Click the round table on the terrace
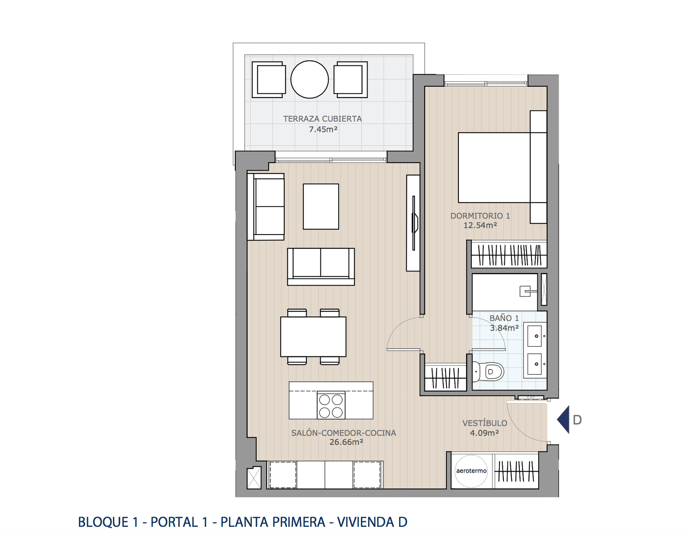pyautogui.click(x=309, y=80)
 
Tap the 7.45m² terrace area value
pyautogui.click(x=323, y=129)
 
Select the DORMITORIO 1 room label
pyautogui.click(x=480, y=216)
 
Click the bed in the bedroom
pyautogui.click(x=502, y=167)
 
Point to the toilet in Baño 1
pyautogui.click(x=488, y=372)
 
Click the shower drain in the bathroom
pyautogui.click(x=525, y=291)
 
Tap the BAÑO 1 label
pyautogui.click(x=504, y=318)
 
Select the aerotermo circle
pyautogui.click(x=471, y=471)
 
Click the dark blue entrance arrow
pyautogui.click(x=563, y=420)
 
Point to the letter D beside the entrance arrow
pyautogui.click(x=577, y=420)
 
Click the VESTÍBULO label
pyautogui.click(x=485, y=423)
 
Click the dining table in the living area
pyautogui.click(x=313, y=337)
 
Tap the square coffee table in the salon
pyautogui.click(x=321, y=206)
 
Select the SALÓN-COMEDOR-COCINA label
pyautogui.click(x=344, y=433)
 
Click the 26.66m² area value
pyautogui.click(x=346, y=442)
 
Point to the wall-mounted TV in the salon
pyautogui.click(x=414, y=223)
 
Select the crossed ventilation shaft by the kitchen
pyautogui.click(x=254, y=477)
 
